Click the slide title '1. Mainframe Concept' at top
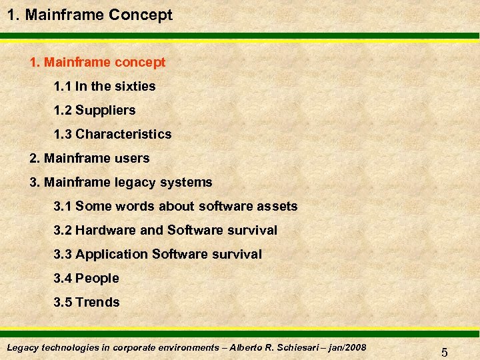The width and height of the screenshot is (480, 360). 89,15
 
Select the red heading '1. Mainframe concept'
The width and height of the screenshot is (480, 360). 97,62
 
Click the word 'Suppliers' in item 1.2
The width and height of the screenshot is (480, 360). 105,110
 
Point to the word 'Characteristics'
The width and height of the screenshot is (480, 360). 123,134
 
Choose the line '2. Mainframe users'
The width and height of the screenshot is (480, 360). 89,158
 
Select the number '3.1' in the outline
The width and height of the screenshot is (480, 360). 63,206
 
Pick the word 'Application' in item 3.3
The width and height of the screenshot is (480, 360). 111,254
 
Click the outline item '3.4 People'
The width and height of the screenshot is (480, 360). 86,278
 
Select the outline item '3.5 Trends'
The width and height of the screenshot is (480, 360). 86,302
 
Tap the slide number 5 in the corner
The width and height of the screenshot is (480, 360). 444,351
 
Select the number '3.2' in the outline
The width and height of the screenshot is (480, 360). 63,230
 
